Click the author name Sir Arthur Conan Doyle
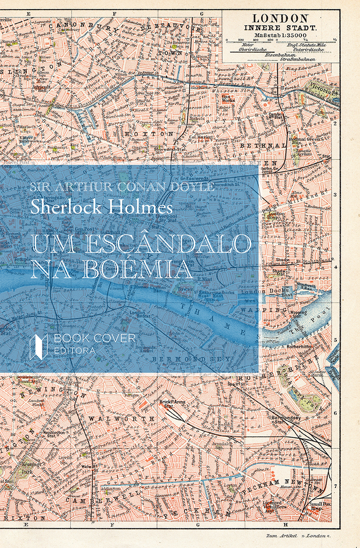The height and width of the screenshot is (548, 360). (x=121, y=187)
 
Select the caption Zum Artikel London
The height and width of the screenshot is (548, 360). (x=298, y=535)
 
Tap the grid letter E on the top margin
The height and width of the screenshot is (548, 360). (x=28, y=14)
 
